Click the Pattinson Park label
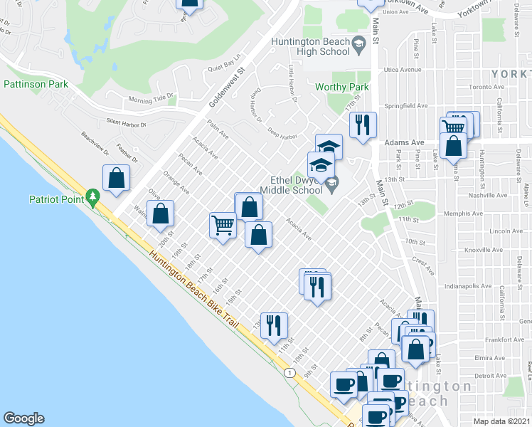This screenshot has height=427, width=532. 36,84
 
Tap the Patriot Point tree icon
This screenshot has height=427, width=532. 92,197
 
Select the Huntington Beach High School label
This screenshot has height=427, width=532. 311,46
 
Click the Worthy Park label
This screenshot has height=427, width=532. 342,87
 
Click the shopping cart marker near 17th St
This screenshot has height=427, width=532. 223,226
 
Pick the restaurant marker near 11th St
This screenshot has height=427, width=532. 274,326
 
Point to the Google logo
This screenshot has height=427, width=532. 23,418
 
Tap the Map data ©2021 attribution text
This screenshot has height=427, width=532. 502,421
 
